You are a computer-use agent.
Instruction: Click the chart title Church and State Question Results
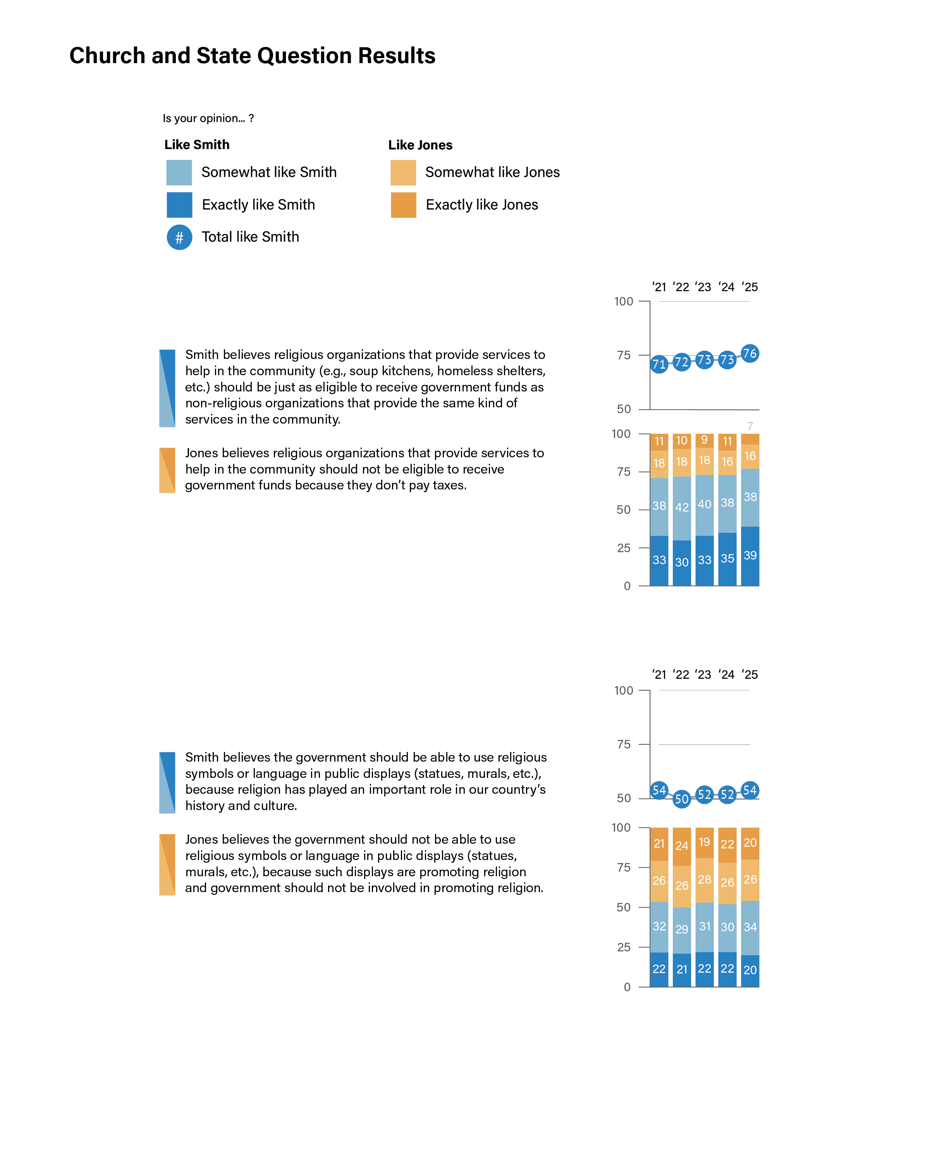(x=252, y=55)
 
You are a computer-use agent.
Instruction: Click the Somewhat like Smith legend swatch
(x=179, y=172)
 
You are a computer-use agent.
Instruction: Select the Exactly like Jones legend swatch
(x=403, y=205)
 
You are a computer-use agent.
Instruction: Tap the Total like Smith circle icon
(x=179, y=237)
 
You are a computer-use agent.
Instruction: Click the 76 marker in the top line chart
(x=750, y=354)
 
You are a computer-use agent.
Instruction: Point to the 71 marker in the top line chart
(x=659, y=364)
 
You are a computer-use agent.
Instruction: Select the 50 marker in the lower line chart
(x=681, y=799)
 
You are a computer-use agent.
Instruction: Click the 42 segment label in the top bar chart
(x=681, y=507)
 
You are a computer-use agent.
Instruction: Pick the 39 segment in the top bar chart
(x=750, y=555)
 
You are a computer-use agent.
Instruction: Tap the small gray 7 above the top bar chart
(x=750, y=426)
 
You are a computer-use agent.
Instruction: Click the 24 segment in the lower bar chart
(x=681, y=846)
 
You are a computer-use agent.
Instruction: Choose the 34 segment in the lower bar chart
(x=750, y=927)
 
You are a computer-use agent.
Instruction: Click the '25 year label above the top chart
(x=750, y=287)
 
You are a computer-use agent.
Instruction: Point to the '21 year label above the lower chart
(x=659, y=674)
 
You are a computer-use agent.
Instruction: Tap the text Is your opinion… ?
(x=208, y=118)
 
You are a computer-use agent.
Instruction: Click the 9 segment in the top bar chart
(x=704, y=440)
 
